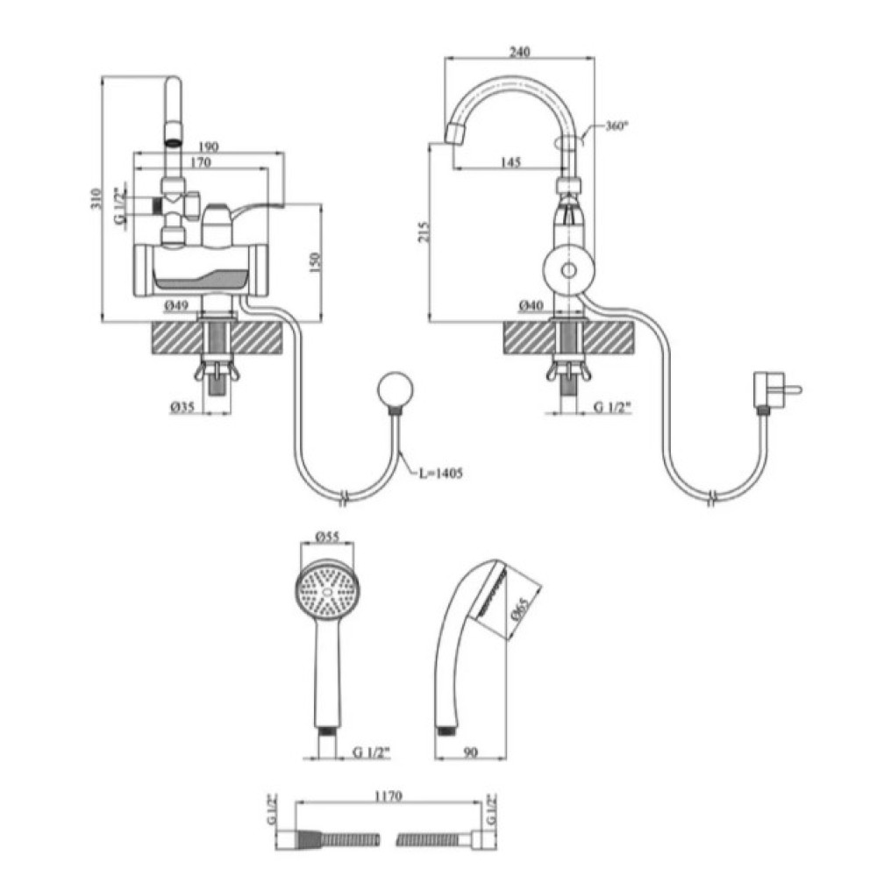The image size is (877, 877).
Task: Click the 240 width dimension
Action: click(519, 52)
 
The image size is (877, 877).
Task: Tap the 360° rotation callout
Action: click(617, 125)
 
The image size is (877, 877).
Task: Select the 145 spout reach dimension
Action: click(510, 161)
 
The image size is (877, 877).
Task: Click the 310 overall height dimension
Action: click(96, 198)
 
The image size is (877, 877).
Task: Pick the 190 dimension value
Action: click(208, 147)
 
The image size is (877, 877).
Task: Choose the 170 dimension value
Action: click(201, 162)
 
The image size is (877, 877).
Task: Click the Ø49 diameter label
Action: click(176, 305)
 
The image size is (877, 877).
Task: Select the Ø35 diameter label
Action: click(182, 407)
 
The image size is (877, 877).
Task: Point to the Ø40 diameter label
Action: click(531, 305)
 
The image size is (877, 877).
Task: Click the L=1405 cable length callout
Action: click(441, 474)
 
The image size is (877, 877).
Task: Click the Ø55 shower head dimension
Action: click(327, 536)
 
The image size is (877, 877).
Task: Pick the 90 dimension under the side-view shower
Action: click(471, 752)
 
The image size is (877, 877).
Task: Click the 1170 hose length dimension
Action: click(389, 795)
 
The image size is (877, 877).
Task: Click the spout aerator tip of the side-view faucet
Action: click(458, 133)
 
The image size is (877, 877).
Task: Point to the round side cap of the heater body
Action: click(569, 271)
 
